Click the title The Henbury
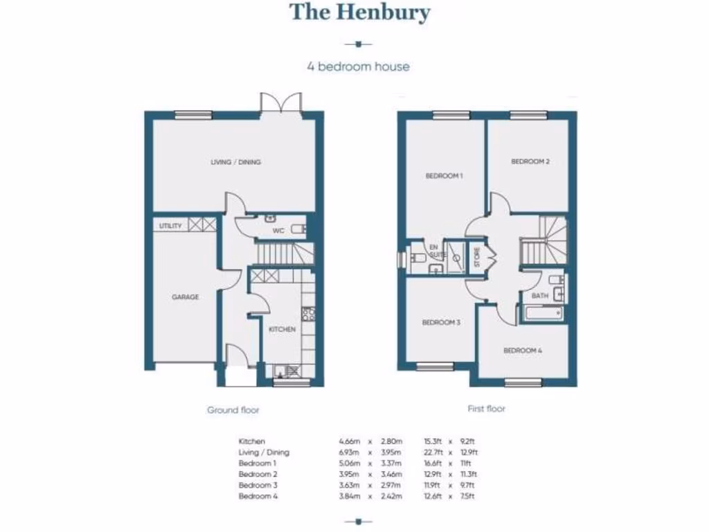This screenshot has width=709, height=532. point(359,12)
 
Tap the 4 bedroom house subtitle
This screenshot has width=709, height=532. point(358,67)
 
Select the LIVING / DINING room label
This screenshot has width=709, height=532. point(235,162)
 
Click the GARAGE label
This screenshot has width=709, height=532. point(185,296)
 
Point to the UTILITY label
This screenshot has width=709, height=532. point(170,226)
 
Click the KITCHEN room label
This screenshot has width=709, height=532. point(282,329)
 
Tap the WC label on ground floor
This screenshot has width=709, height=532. point(278,231)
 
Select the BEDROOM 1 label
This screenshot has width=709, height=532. point(444,177)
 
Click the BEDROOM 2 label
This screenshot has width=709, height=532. point(530,161)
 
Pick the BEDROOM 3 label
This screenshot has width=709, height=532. point(441,323)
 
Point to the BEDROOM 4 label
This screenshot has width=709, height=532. point(523,351)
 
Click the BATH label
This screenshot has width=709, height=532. point(540,296)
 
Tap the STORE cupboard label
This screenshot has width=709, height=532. point(476,256)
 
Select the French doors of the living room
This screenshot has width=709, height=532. point(280,103)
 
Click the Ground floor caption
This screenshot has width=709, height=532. point(233,410)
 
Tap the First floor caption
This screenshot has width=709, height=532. point(486,409)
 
